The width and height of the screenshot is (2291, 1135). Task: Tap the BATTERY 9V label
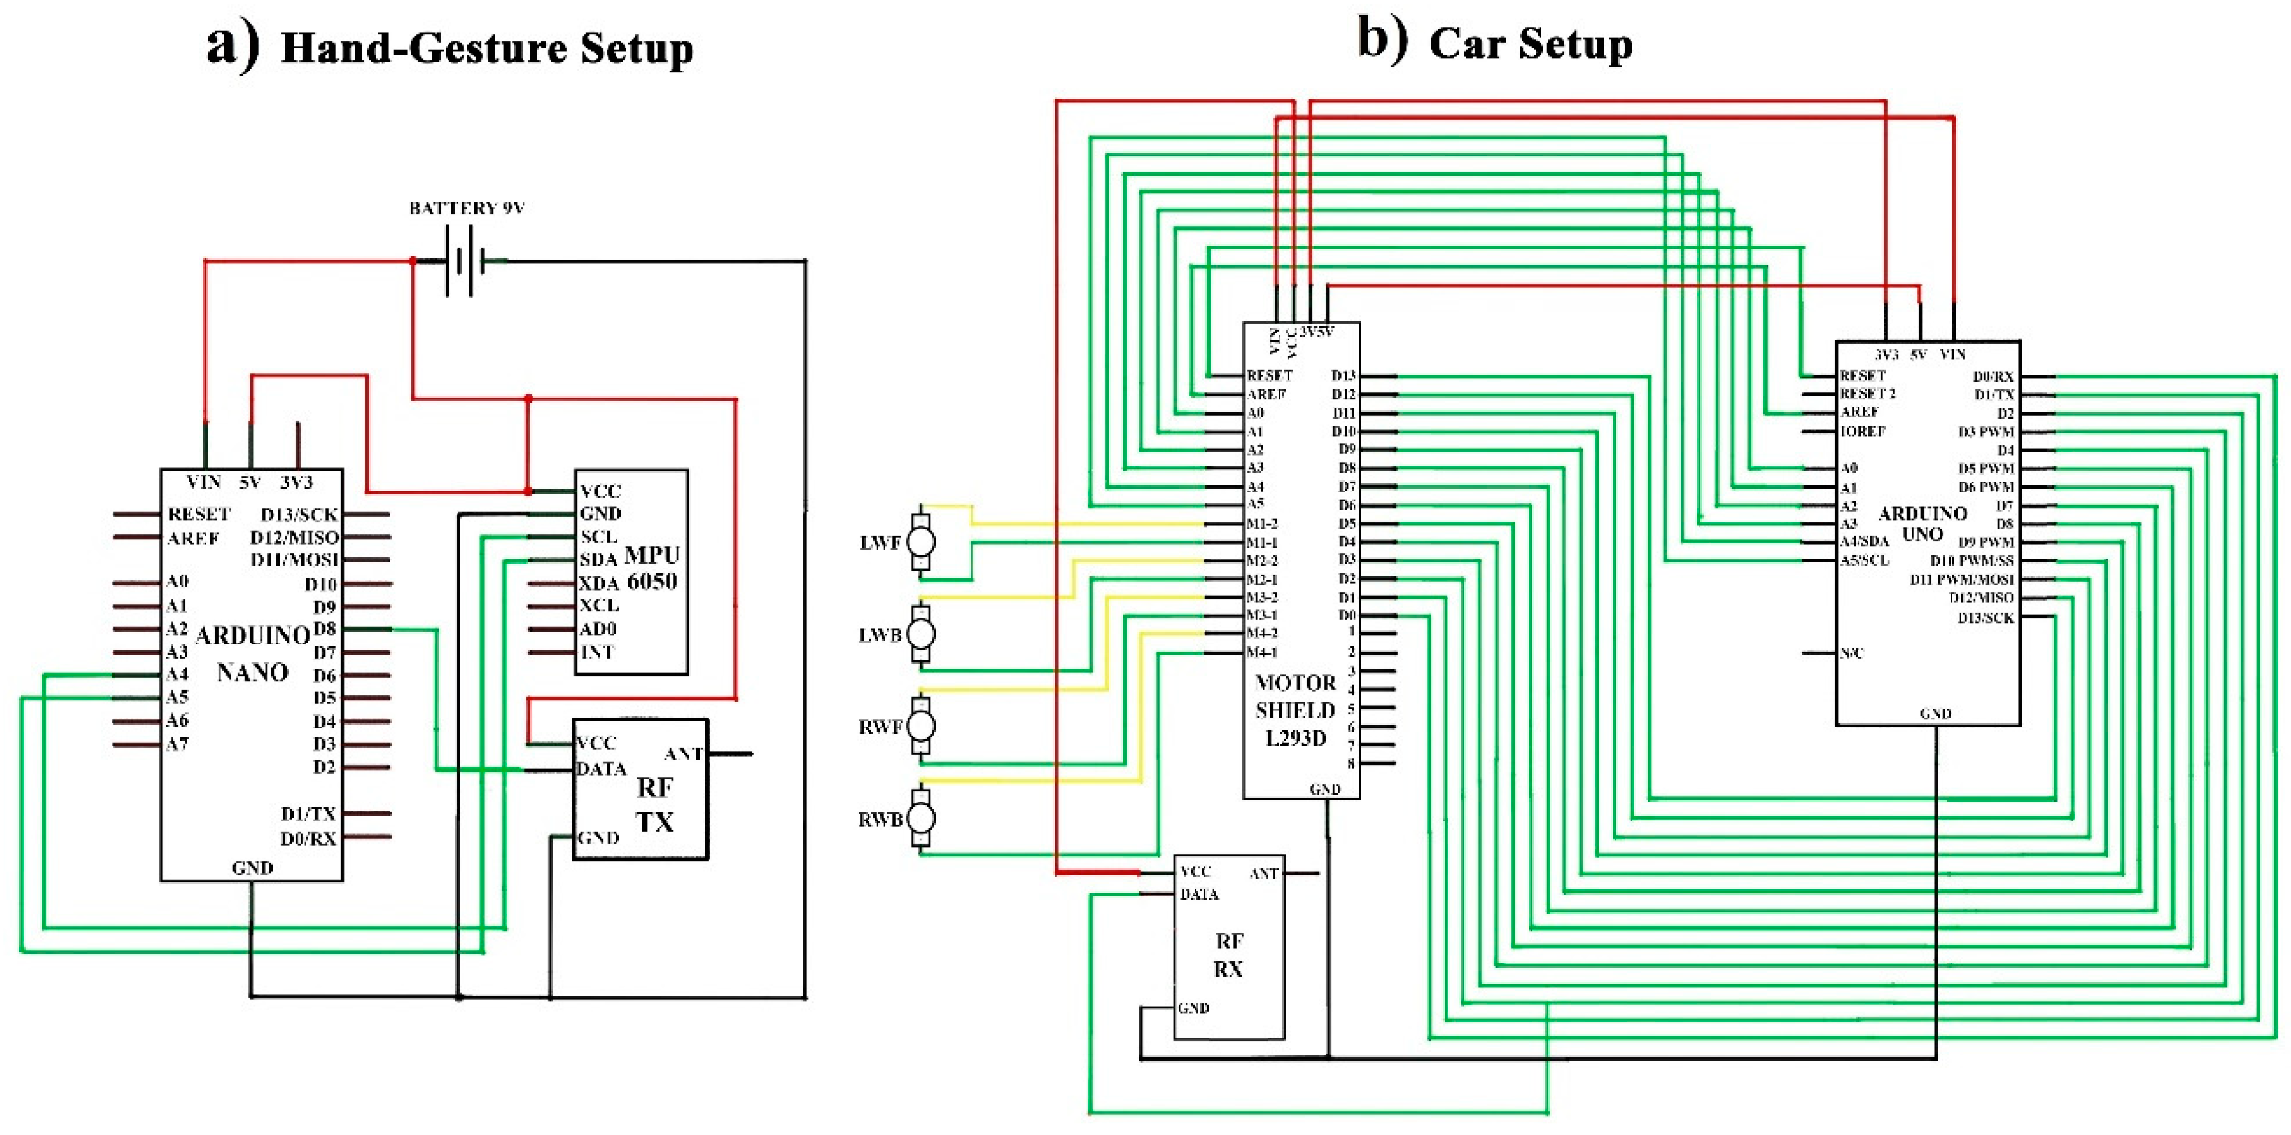[x=467, y=208]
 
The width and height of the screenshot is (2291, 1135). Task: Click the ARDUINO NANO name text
[x=253, y=654]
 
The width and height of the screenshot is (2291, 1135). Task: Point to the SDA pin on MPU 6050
[x=598, y=560]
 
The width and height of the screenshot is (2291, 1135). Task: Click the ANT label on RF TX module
[x=683, y=754]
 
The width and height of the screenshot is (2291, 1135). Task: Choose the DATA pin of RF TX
[x=601, y=768]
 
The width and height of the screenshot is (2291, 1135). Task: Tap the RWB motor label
[x=880, y=820]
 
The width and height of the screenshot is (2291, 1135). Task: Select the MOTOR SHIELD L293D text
[x=1296, y=710]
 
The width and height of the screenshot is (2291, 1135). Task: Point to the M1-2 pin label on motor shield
[x=1262, y=524]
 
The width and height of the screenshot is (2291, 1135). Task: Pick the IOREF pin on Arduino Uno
[x=1862, y=432]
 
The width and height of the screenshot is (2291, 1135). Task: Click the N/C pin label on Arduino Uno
[x=1852, y=653]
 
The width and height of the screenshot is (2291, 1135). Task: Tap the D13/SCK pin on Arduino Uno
[x=1985, y=618]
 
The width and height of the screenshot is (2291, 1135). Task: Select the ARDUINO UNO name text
[x=1922, y=524]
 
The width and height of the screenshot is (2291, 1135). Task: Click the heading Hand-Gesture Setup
[x=487, y=48]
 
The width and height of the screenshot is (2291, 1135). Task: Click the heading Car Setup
[x=1530, y=44]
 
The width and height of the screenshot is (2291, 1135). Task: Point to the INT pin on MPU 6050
[x=597, y=652]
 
